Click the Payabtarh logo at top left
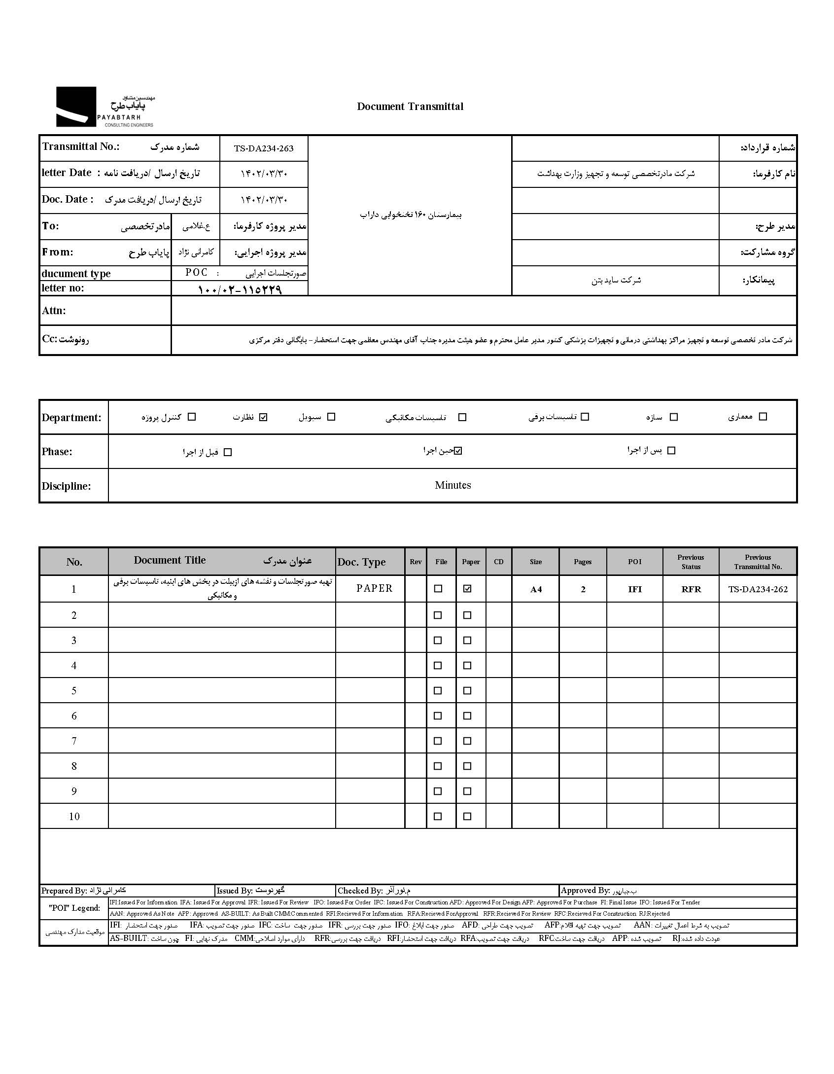coord(105,107)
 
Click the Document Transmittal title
coord(410,107)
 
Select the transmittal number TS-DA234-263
coord(264,148)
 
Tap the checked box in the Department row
coord(263,417)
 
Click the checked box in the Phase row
coord(458,451)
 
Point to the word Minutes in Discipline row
coord(452,485)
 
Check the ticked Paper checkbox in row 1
coord(467,588)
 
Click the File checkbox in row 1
coord(438,588)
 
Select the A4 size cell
coord(536,589)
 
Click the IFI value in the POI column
coord(635,589)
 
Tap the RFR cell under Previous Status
coord(691,589)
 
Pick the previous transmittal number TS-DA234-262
coord(758,589)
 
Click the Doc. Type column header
coord(361,562)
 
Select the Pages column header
coord(583,562)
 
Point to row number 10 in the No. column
coord(74,817)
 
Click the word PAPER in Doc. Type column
coord(375,588)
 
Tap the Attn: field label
coord(54,311)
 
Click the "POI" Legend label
coord(74,908)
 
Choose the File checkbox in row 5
coord(438,690)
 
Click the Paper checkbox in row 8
coord(467,766)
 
